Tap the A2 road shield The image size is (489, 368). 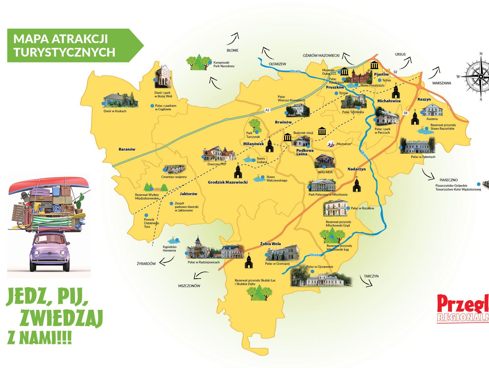point(268,110)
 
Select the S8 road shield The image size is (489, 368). point(406,113)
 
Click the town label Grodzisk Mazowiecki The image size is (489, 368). point(228,182)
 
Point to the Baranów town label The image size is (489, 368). point(127,149)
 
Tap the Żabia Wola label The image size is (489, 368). point(270,244)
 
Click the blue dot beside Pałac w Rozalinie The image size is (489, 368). point(348,208)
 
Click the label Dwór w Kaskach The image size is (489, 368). point(115,111)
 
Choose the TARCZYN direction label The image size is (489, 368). point(371,276)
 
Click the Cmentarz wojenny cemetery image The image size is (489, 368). point(174,169)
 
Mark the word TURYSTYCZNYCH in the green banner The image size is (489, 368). point(64,52)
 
